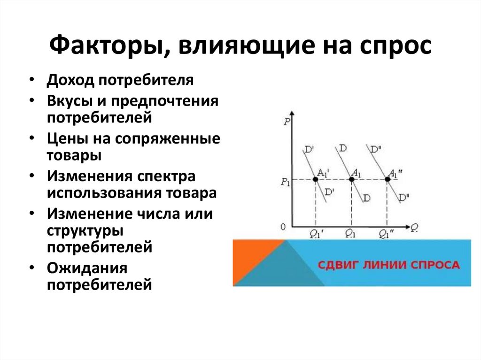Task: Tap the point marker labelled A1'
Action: click(316, 179)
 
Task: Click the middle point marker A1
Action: click(351, 179)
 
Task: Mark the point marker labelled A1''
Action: click(388, 179)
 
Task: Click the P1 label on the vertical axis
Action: click(285, 181)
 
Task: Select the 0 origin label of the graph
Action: click(283, 227)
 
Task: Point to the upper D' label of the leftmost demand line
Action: click(309, 150)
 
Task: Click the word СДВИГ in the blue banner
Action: click(338, 265)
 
